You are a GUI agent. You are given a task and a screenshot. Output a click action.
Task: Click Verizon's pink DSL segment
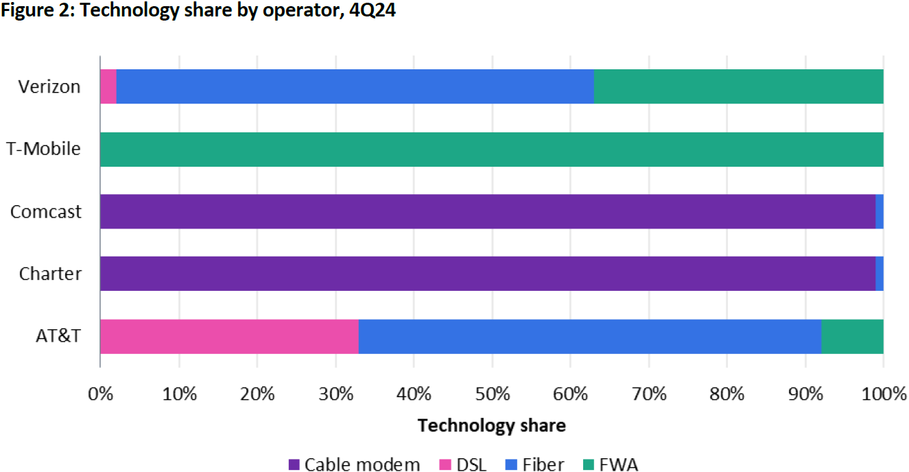108,86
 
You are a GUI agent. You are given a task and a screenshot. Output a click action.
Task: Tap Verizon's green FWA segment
738,86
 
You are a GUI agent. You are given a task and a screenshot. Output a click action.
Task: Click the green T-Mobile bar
491,149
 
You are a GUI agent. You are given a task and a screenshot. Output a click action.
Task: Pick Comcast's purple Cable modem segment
487,211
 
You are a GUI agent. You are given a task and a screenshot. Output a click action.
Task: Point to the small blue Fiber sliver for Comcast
880,211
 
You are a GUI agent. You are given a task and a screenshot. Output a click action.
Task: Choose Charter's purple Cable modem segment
487,274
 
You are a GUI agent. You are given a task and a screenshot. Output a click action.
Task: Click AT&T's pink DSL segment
229,336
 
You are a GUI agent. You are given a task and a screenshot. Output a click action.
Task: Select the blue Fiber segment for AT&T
589,336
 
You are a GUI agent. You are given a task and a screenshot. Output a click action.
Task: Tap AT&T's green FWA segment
852,336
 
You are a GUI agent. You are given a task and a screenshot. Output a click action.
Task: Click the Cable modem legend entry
354,464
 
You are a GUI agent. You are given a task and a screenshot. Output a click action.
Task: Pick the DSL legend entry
462,464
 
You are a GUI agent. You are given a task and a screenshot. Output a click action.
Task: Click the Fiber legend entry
534,464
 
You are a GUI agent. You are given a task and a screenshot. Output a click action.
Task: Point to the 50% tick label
492,394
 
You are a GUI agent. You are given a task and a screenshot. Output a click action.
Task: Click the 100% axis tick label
882,394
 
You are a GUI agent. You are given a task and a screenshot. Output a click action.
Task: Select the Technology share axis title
491,425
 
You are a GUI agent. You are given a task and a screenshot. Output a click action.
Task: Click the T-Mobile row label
44,149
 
